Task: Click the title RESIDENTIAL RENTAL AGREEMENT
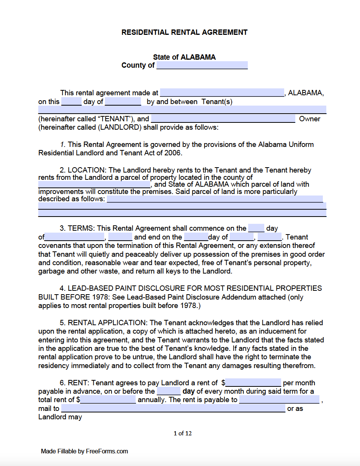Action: (x=184, y=33)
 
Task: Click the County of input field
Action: (x=202, y=65)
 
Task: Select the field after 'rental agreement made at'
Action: (x=222, y=93)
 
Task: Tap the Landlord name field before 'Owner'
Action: (x=223, y=119)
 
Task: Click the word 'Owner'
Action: (x=309, y=119)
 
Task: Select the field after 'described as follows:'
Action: (x=214, y=199)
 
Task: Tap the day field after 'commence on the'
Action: (x=256, y=228)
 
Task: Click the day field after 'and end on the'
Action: (x=196, y=237)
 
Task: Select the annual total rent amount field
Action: (x=108, y=400)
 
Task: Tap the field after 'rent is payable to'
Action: (x=279, y=400)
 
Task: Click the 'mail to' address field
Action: (x=173, y=409)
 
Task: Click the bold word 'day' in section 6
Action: (x=189, y=391)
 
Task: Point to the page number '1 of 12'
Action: (x=183, y=433)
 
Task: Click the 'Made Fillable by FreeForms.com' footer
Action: (x=84, y=451)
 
